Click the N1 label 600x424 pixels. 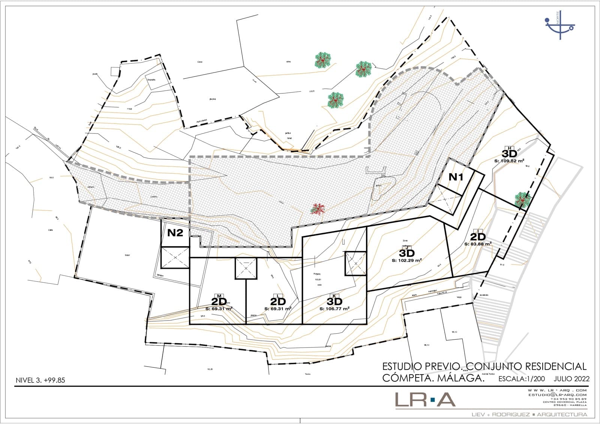456,177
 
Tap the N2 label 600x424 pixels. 175,233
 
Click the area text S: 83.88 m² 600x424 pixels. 478,244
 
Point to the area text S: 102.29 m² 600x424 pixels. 406,260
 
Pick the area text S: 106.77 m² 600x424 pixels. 334,309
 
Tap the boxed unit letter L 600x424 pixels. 278,295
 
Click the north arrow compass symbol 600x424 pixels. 559,25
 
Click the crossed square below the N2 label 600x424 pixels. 175,257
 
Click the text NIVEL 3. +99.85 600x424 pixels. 40,380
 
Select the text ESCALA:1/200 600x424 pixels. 521,379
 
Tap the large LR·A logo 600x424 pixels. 425,400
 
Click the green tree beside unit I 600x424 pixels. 522,200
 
